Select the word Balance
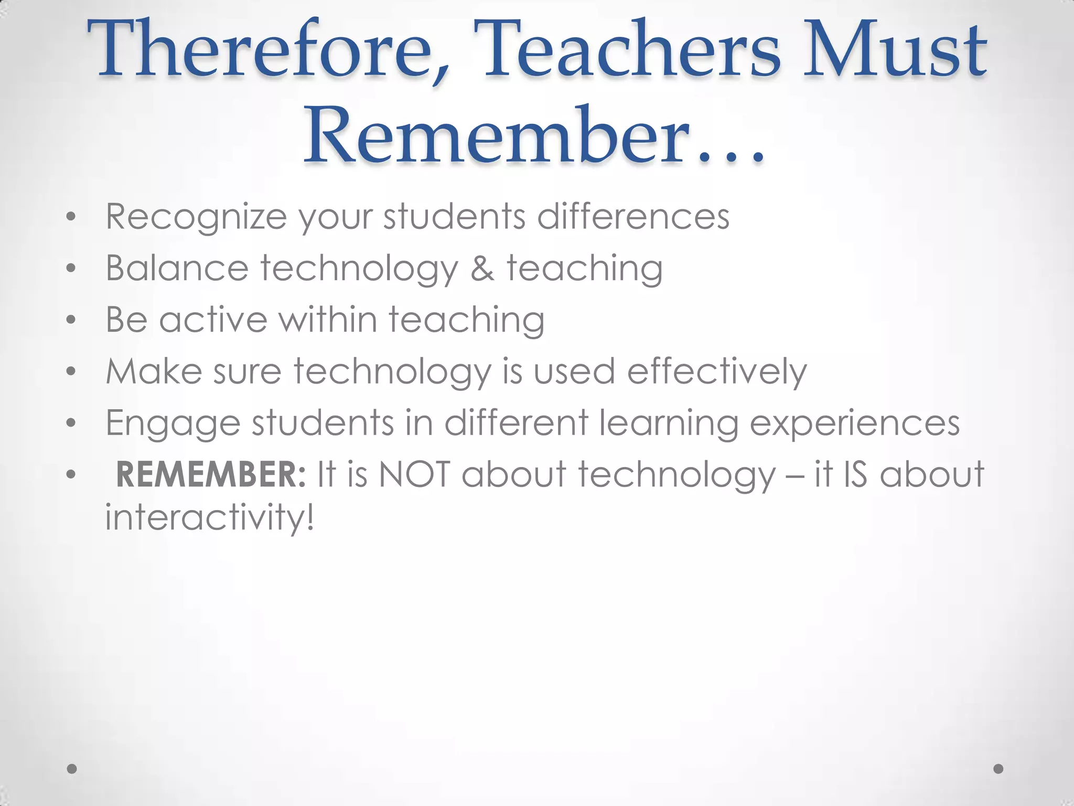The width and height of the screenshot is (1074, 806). click(x=177, y=268)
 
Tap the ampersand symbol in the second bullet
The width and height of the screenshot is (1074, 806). click(x=482, y=268)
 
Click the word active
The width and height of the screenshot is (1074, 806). click(x=213, y=319)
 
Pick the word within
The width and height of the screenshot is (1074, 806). click(x=328, y=319)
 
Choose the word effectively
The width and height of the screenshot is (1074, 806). click(x=717, y=372)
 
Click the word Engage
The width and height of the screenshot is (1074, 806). click(x=173, y=423)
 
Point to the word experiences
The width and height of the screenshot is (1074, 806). click(x=854, y=423)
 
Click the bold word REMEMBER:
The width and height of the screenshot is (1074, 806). click(x=210, y=474)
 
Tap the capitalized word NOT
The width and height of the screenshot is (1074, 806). click(x=414, y=474)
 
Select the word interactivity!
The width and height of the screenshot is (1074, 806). click(x=210, y=517)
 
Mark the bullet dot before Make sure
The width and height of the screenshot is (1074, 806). click(x=71, y=372)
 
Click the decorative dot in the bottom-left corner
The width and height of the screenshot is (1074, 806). click(x=72, y=768)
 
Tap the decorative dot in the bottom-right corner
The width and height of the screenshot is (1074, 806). click(x=998, y=768)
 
